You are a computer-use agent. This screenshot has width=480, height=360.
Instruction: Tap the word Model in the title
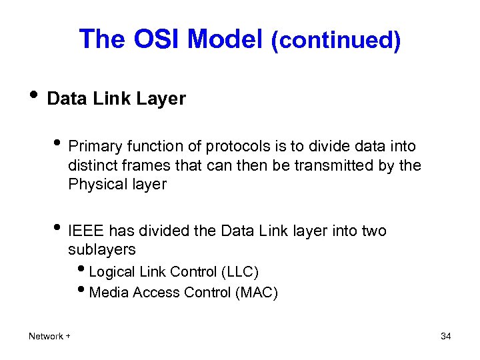coord(225,39)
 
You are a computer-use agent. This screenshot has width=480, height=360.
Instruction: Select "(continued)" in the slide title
coord(335,41)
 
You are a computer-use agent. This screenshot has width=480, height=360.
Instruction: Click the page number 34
coord(446,337)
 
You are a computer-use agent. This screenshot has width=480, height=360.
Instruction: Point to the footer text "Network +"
coord(50,337)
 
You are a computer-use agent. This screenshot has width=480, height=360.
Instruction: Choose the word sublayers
coord(101,250)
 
